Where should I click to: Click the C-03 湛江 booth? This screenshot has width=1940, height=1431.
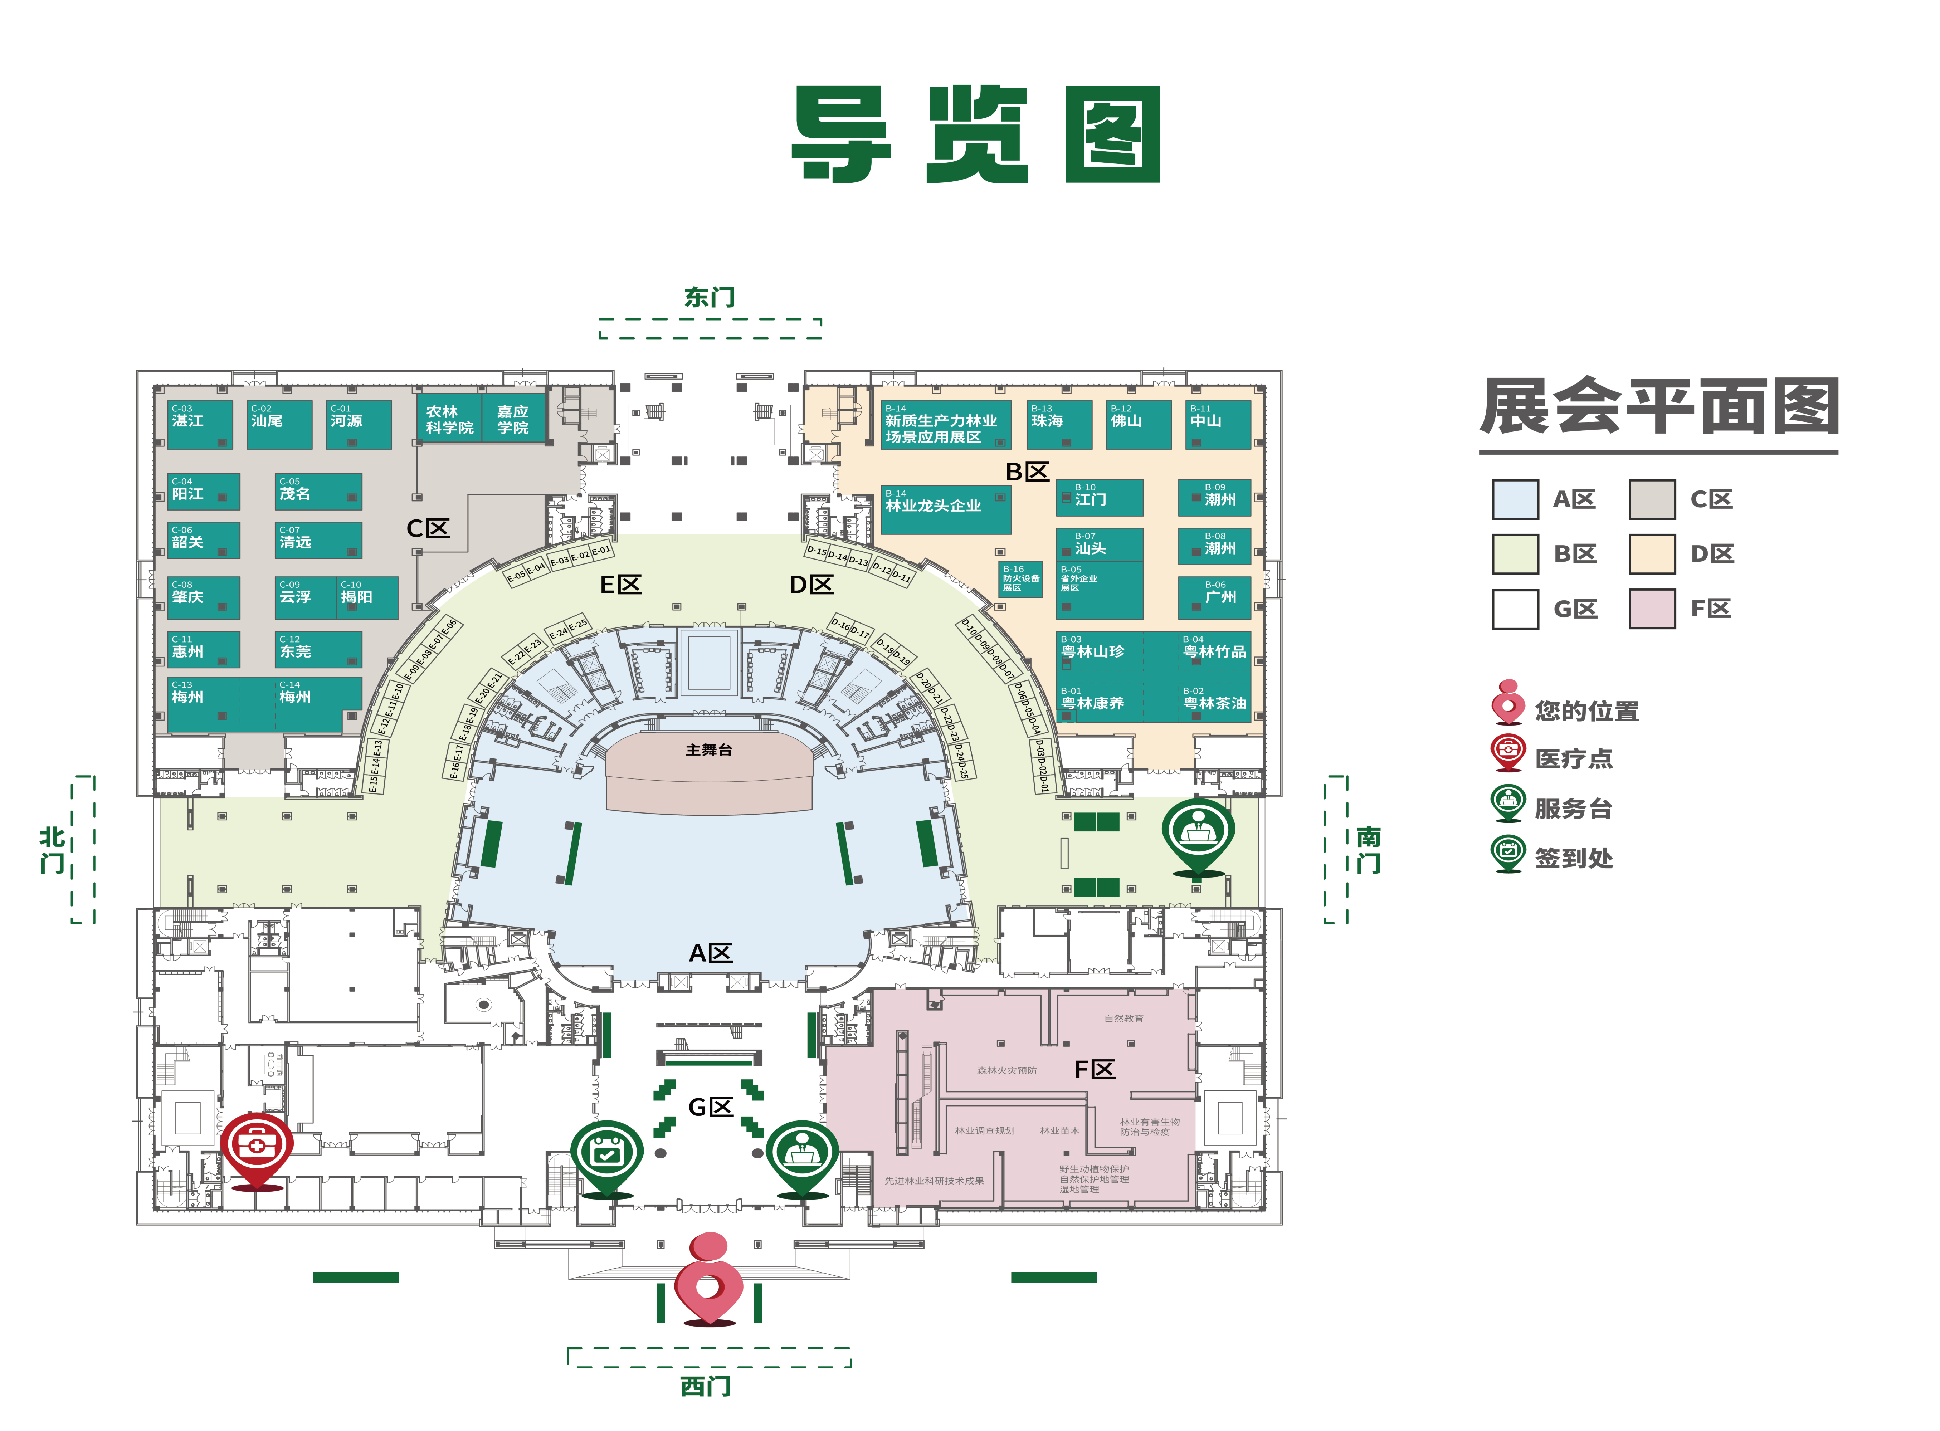pos(199,424)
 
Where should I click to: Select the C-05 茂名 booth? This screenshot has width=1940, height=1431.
pos(318,492)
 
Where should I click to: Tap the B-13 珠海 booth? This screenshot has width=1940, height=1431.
pos(1059,424)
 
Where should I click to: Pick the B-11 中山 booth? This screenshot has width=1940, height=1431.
pos(1217,424)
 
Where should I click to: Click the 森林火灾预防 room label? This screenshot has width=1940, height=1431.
pos(1006,1071)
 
